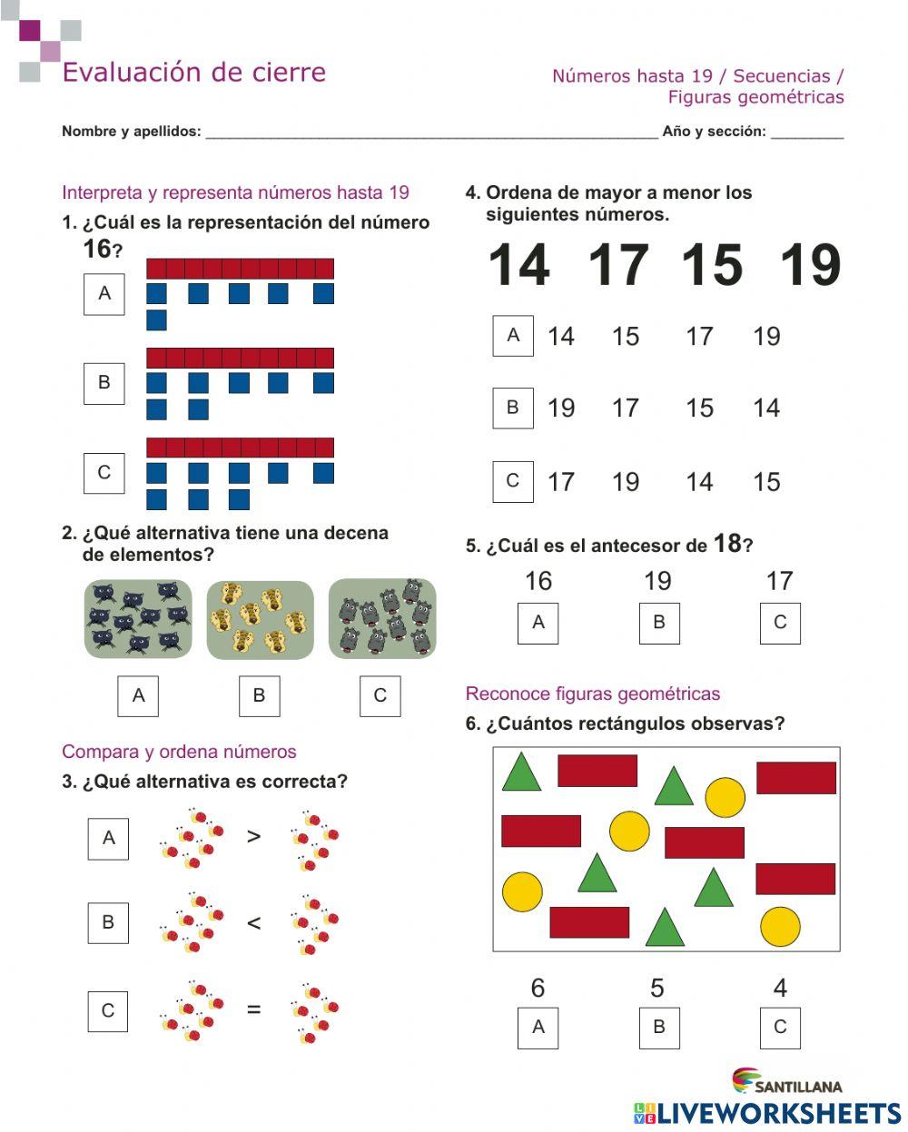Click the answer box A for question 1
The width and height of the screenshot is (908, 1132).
104,294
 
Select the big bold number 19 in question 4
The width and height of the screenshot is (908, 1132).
810,265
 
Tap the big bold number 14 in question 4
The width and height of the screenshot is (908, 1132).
519,265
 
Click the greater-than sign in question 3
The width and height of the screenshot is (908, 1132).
253,836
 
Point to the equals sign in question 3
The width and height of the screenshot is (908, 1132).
253,1009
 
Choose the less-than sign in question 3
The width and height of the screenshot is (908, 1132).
253,923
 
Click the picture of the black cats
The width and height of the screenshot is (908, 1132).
138,619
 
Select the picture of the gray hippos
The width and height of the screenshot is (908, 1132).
381,619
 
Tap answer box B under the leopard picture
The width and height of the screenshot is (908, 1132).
259,696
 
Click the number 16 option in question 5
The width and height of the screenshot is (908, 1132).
538,581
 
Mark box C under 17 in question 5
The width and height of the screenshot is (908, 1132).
780,623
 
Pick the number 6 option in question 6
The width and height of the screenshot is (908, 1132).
538,988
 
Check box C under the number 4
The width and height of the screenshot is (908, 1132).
780,1028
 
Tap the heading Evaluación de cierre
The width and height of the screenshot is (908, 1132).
193,73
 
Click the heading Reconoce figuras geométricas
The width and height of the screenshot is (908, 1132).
592,694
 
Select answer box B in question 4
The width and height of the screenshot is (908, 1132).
513,409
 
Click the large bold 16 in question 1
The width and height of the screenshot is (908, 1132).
97,249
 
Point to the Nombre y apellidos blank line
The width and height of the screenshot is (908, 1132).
431,133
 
